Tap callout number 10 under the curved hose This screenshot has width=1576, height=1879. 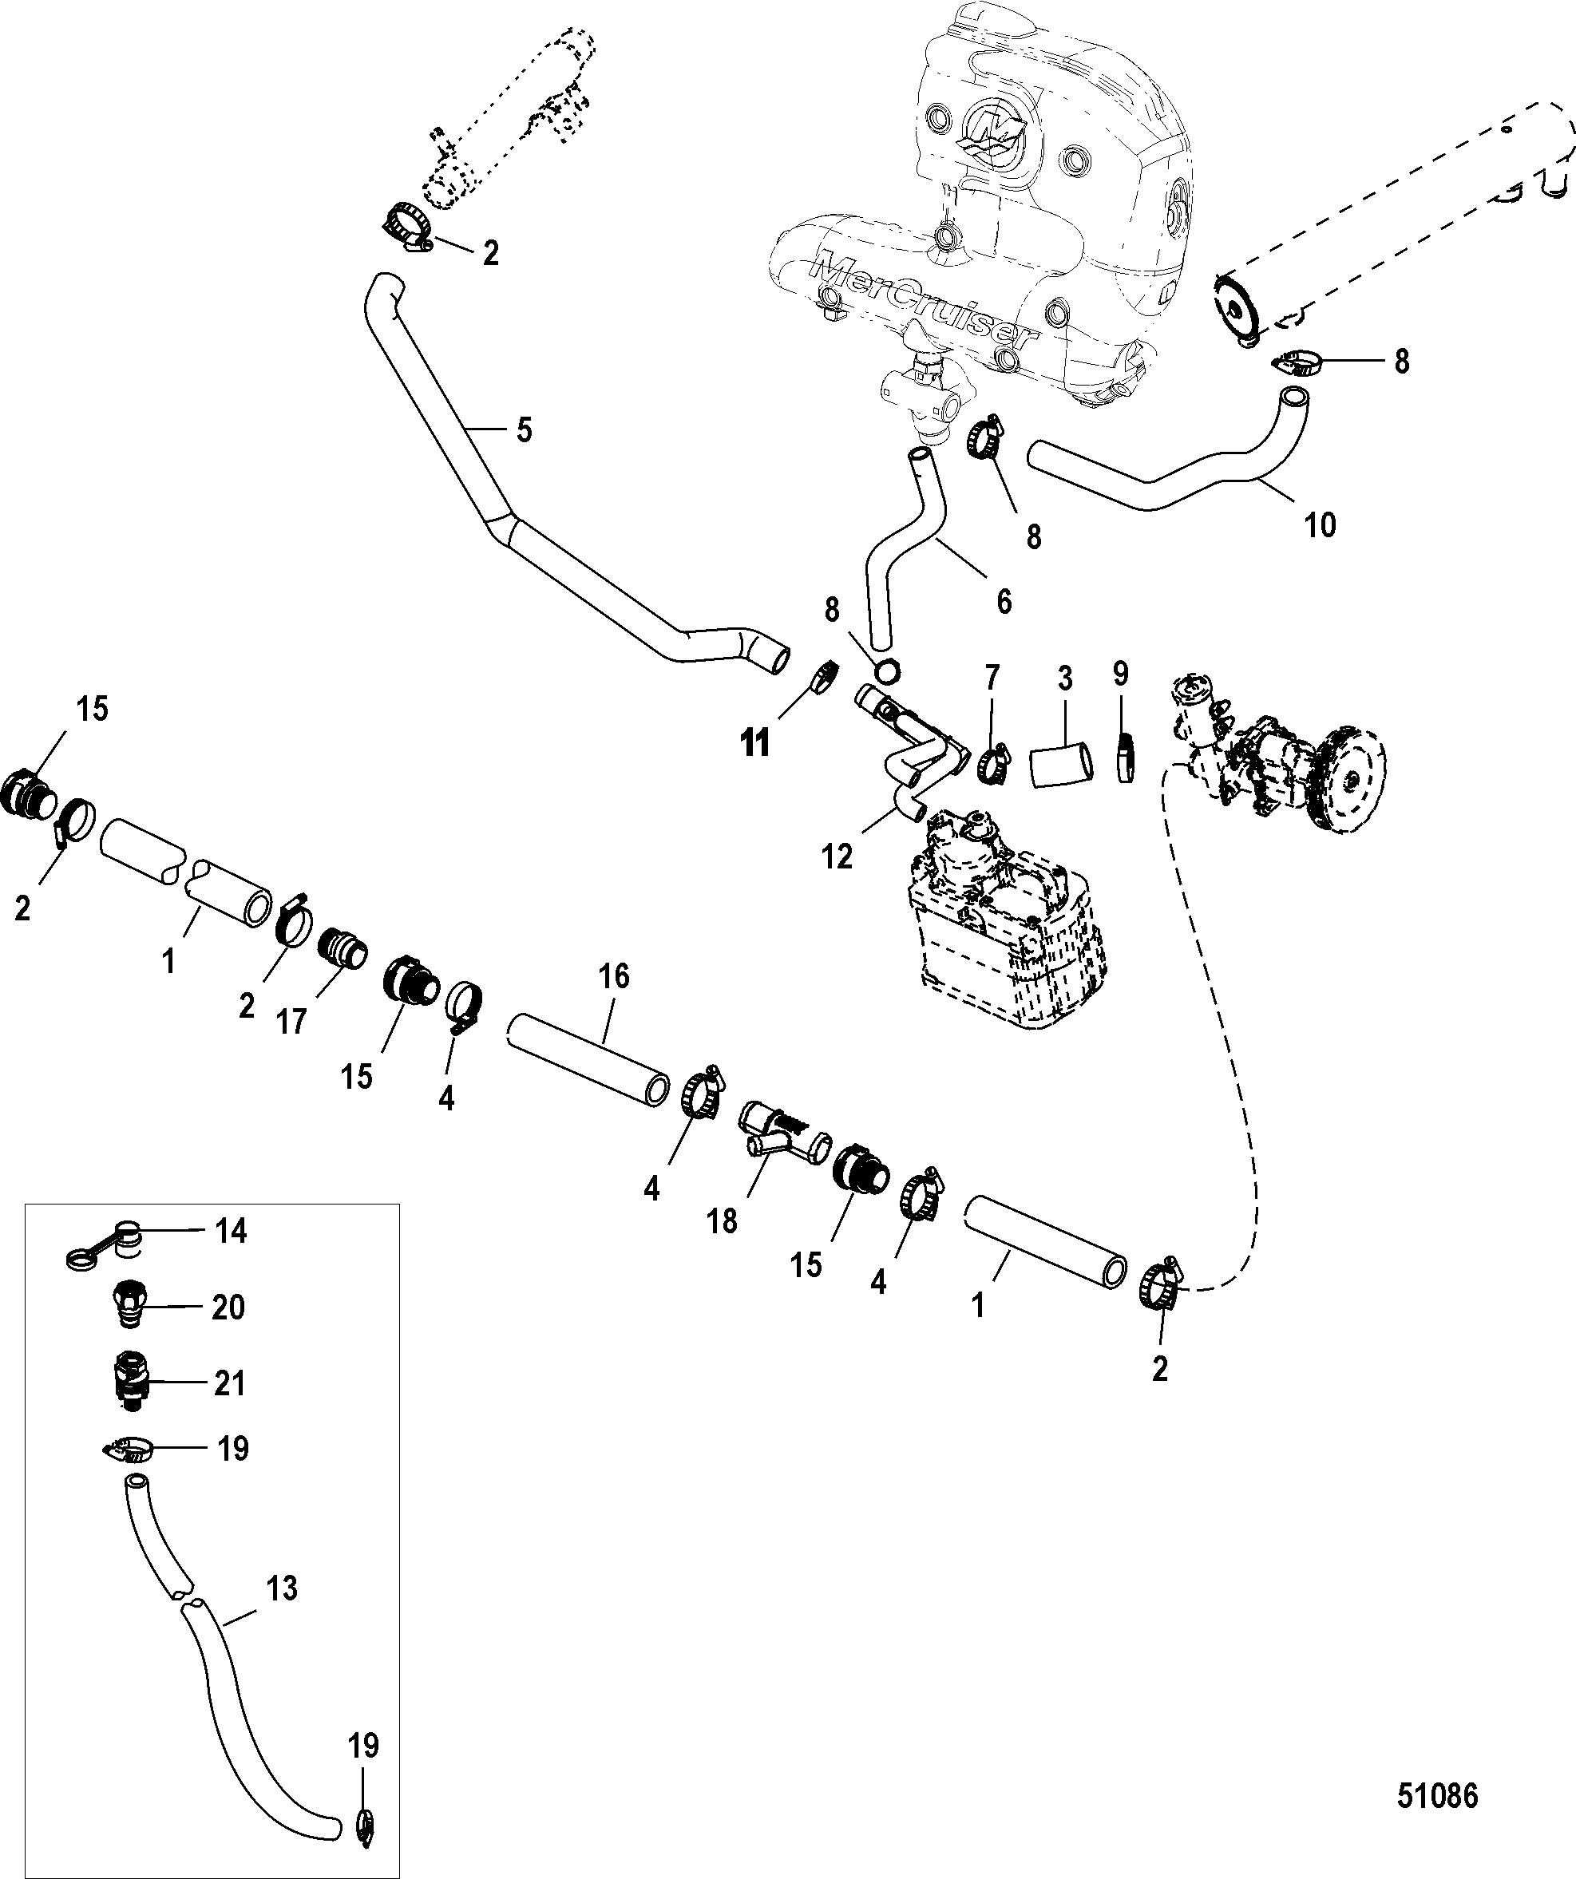click(x=1320, y=524)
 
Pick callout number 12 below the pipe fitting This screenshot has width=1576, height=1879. click(x=838, y=856)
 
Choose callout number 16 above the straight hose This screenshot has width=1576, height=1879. click(x=615, y=976)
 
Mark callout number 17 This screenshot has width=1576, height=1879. click(x=291, y=1021)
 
